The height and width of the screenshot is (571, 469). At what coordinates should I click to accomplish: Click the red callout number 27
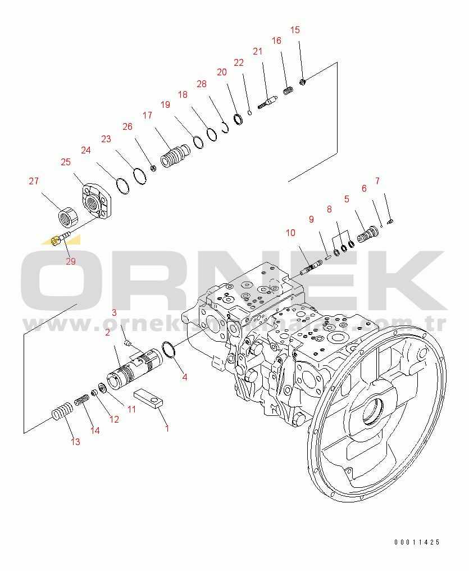click(34, 181)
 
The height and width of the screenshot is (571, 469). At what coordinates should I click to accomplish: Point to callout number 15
click(295, 30)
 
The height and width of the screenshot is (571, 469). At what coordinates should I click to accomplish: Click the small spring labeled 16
click(288, 90)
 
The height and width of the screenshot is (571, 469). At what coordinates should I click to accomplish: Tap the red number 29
click(70, 261)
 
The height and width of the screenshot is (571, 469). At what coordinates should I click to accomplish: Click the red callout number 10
click(290, 233)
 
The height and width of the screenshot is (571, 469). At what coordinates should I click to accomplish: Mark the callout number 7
click(377, 181)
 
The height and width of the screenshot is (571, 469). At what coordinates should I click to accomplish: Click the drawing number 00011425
click(417, 542)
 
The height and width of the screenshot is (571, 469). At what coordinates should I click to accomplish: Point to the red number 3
click(114, 312)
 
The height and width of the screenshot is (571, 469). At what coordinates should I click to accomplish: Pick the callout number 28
click(201, 84)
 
